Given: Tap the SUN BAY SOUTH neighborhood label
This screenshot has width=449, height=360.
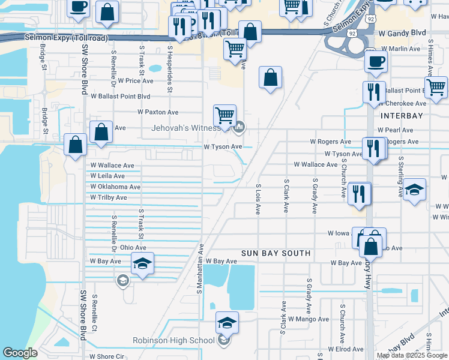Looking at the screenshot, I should coord(276,253).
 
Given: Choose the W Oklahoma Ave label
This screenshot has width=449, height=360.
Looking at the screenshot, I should coord(115,187).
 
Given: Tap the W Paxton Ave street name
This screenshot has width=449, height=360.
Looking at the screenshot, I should coord(158,112).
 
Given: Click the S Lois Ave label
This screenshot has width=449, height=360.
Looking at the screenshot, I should coord(258,200).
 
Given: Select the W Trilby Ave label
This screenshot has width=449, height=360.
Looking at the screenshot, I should coord(109,197).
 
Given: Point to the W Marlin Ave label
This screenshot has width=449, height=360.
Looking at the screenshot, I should coord(401,49).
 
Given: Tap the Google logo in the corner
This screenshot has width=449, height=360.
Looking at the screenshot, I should coord(20,353).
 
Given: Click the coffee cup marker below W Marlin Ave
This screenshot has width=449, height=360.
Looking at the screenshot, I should coord(376,61).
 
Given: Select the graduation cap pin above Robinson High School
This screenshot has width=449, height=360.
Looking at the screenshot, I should coord(227,322).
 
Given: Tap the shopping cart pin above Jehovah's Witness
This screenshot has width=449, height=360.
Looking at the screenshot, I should coord(224,115).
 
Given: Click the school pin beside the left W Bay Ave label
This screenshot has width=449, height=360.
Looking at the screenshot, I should coord(143,263).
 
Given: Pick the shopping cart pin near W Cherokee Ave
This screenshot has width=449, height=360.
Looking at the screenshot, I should coord(436,88).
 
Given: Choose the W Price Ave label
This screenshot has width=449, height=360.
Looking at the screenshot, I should coord(136,80).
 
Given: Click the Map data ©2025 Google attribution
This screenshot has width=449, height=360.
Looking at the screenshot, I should coord(412,355).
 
